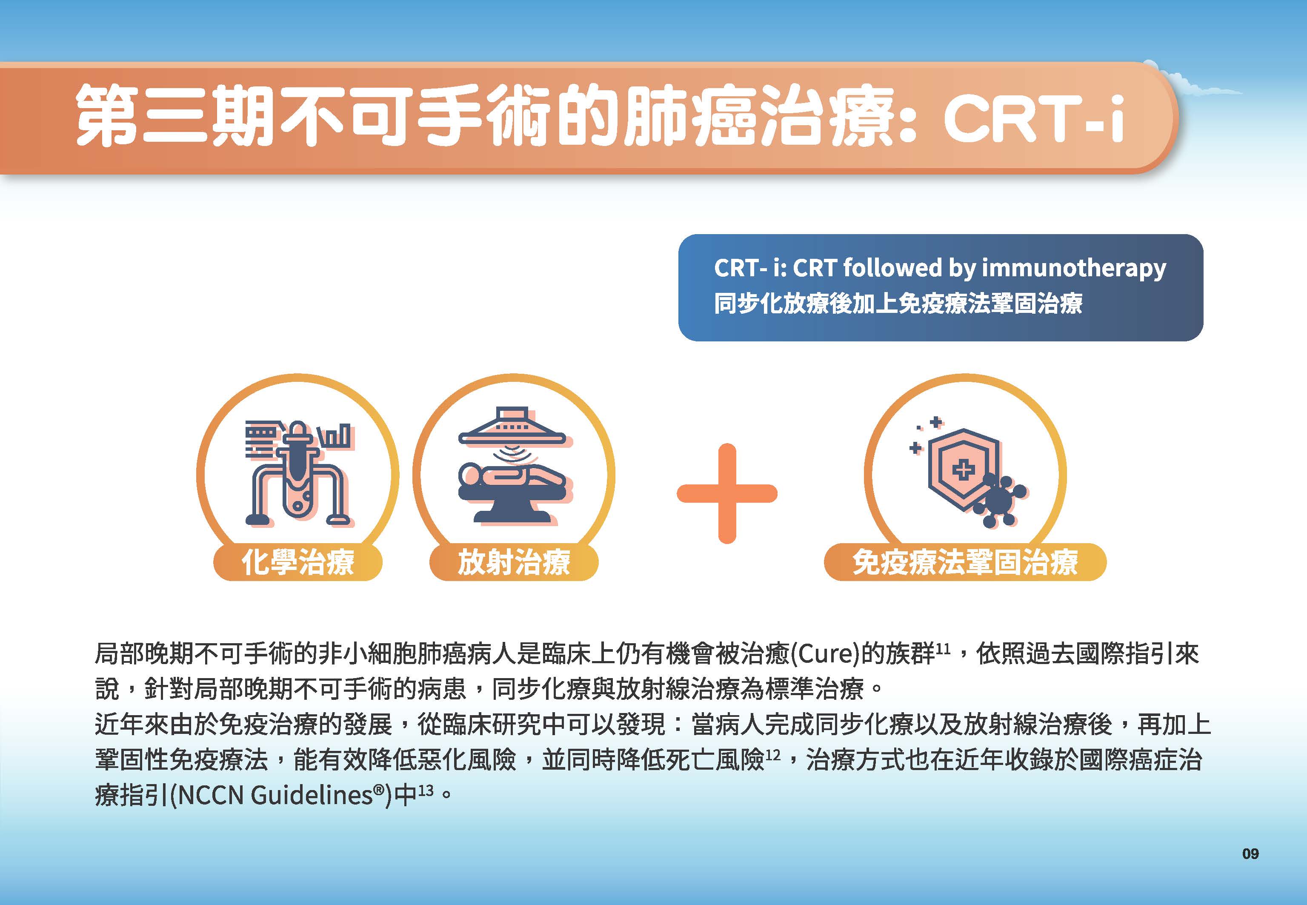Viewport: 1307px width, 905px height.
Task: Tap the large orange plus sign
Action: pyautogui.click(x=727, y=493)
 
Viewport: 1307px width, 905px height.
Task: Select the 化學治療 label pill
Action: pyautogui.click(x=297, y=562)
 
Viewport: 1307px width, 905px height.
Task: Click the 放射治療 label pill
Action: pyautogui.click(x=514, y=562)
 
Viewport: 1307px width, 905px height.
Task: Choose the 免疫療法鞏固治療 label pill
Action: pyautogui.click(x=965, y=562)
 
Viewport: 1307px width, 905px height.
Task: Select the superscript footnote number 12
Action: pyautogui.click(x=773, y=755)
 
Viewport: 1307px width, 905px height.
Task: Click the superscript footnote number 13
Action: pyautogui.click(x=426, y=790)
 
